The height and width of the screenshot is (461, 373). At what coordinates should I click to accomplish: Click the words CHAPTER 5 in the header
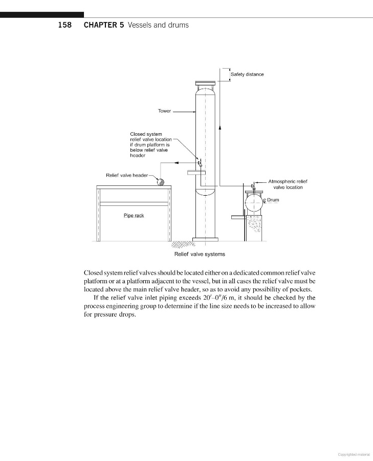pyautogui.click(x=103, y=25)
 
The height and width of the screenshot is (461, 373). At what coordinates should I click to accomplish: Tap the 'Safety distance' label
pyautogui.click(x=247, y=74)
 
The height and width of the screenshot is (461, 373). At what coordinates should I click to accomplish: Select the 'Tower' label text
pyautogui.click(x=164, y=111)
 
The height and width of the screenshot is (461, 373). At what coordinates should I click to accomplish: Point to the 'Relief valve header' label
pyautogui.click(x=127, y=175)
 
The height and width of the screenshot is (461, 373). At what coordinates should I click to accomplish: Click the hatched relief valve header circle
pyautogui.click(x=160, y=181)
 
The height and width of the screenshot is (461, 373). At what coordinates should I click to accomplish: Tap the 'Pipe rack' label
pyautogui.click(x=134, y=216)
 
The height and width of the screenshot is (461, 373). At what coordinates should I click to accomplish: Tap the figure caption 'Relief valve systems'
pyautogui.click(x=200, y=254)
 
